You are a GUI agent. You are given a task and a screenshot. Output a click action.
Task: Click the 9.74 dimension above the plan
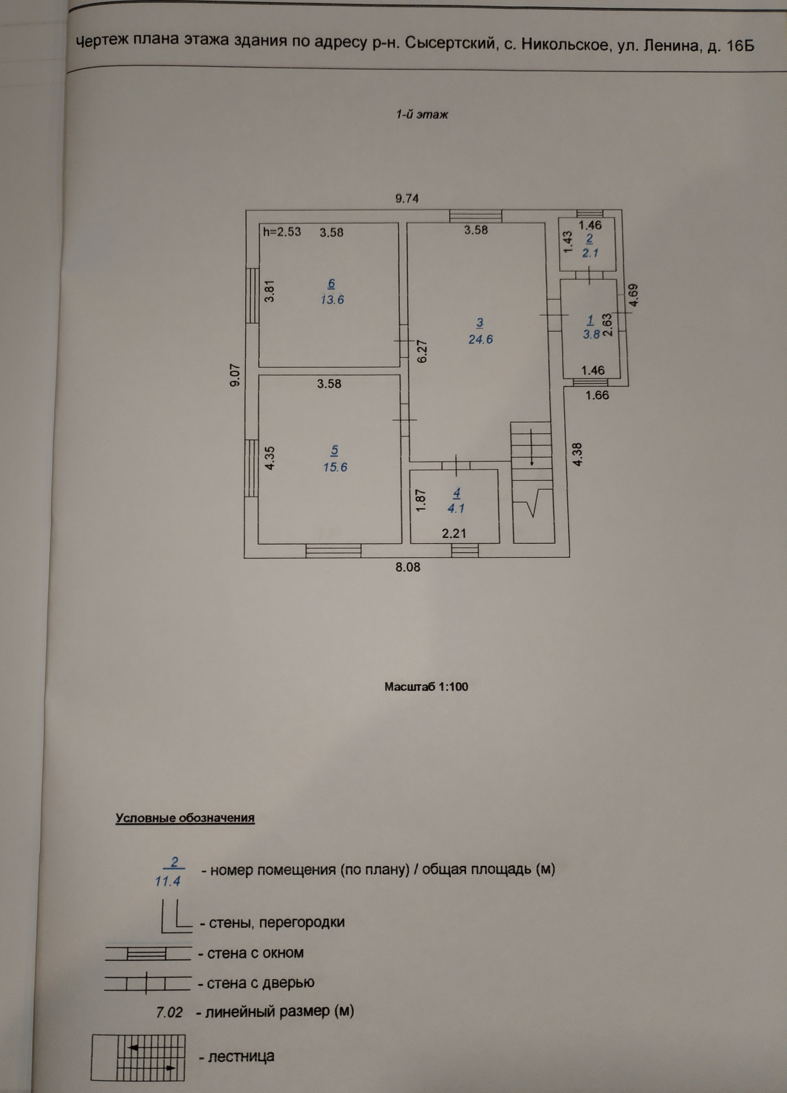(407, 199)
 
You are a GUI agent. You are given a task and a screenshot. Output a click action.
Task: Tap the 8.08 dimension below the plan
(408, 567)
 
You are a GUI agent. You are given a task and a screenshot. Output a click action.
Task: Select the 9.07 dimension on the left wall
(235, 376)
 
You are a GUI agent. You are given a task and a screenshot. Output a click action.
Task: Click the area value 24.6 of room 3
(480, 339)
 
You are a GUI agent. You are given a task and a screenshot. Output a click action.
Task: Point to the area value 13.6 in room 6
(332, 300)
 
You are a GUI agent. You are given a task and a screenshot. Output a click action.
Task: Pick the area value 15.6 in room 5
(335, 467)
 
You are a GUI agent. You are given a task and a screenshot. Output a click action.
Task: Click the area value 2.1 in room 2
(590, 253)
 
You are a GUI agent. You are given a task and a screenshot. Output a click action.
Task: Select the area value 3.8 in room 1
(591, 334)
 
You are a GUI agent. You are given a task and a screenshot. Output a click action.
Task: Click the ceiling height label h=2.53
(282, 232)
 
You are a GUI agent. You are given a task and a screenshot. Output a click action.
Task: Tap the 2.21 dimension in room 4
(454, 533)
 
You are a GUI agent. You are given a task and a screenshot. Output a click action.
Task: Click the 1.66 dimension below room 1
(597, 395)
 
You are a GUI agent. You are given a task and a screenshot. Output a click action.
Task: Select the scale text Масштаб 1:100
(426, 687)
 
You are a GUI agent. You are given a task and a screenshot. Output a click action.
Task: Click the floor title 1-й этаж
(422, 115)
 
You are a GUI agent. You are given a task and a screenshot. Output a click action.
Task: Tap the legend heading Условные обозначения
(185, 818)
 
